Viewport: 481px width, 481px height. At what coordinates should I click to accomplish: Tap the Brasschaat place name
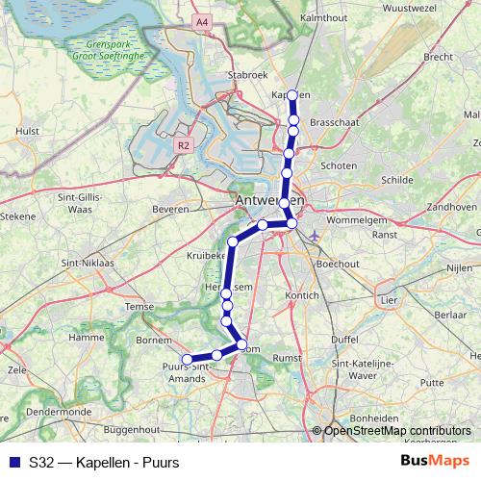[x=336, y=124]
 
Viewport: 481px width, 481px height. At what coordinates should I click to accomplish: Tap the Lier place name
[x=389, y=300]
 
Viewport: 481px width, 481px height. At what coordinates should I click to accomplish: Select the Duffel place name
[x=343, y=340]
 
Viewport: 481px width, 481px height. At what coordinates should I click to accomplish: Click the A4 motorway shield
[x=201, y=21]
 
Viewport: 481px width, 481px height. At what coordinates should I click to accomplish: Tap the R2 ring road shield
[x=185, y=145]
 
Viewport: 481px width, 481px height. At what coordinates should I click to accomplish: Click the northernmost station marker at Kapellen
[x=293, y=95]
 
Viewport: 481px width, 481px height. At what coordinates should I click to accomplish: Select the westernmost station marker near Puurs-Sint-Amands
[x=187, y=361]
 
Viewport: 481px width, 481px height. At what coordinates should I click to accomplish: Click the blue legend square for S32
[x=13, y=461]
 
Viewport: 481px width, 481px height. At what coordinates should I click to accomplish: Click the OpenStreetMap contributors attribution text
[x=396, y=431]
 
